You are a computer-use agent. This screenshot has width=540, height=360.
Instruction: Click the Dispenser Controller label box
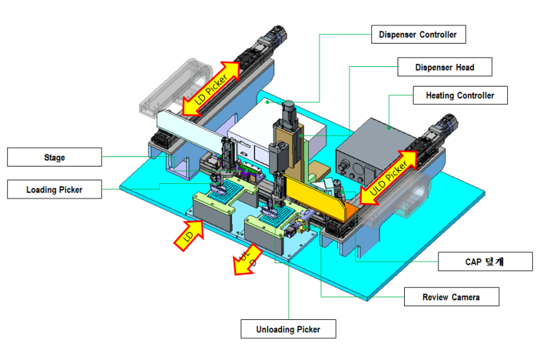coord(419,34)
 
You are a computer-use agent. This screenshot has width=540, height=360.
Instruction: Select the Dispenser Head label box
coord(445,67)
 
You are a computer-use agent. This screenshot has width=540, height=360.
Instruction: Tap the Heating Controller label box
coord(460,95)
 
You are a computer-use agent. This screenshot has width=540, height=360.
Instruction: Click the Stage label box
coord(55,157)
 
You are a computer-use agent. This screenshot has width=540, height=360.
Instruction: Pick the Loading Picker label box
coord(55,189)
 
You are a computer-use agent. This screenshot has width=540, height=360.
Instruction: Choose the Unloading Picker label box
coord(289,329)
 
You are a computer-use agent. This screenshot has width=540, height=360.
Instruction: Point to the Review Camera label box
coord(451,297)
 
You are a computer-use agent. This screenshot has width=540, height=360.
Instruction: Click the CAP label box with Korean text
coord(485,262)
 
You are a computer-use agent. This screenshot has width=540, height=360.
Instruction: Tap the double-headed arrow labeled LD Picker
coord(211,89)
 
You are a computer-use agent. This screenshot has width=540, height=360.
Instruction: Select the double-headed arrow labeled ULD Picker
coord(389,177)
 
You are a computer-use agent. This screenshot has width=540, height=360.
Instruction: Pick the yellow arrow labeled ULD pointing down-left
coord(247,260)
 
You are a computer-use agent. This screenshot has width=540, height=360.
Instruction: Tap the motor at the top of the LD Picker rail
coord(274,36)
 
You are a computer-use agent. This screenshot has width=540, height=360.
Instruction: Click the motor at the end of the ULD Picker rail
coord(444,125)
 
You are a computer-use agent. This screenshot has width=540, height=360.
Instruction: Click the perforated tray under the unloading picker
coord(277,216)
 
